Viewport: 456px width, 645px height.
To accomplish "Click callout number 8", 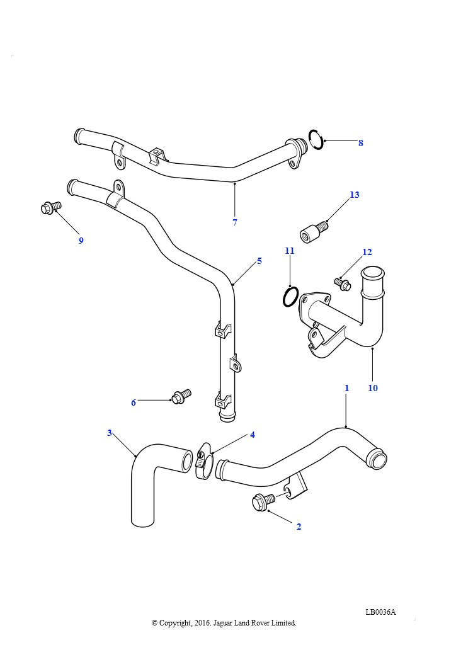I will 361,143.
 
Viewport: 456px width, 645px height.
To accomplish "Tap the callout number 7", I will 235,222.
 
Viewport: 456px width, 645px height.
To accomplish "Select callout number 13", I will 355,195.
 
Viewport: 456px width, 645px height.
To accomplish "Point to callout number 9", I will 81,240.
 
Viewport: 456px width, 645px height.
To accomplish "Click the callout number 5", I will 259,261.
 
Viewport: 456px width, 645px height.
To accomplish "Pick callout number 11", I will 289,251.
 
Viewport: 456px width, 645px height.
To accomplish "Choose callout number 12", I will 367,252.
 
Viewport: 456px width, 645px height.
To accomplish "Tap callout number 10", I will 373,388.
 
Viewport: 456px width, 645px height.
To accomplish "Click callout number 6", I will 134,402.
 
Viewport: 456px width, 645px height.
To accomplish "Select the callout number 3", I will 109,433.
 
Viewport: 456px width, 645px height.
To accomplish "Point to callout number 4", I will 253,435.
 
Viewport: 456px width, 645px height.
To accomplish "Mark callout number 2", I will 299,527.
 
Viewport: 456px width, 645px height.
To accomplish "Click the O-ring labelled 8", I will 316,139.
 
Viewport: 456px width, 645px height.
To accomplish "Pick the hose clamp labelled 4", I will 203,461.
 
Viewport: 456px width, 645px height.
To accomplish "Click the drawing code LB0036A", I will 380,612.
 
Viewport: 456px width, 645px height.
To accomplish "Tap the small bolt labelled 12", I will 343,285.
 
